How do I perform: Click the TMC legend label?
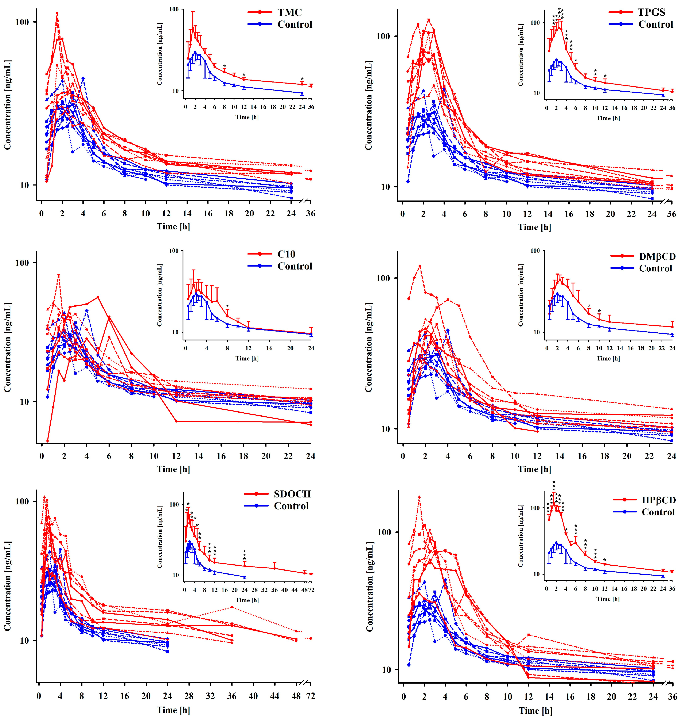coord(289,12)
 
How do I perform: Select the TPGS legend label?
coord(651,12)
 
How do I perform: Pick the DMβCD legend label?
coord(657,257)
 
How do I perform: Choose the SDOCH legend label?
coord(292,494)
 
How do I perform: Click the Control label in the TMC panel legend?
coord(295,24)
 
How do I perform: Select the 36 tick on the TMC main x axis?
coord(311,214)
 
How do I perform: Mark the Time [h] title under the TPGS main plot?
coord(534,227)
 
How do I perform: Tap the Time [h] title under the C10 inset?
coord(247,358)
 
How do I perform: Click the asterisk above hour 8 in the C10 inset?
coord(227,306)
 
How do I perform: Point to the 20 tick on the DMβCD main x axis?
coord(627,456)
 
